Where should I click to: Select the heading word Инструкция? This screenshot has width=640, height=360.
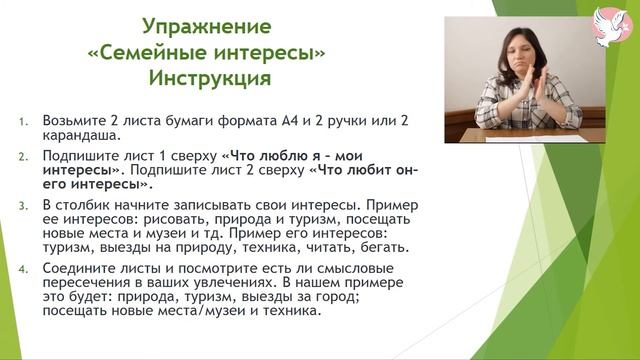pyautogui.click(x=207, y=76)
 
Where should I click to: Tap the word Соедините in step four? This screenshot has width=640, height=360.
pyautogui.click(x=82, y=269)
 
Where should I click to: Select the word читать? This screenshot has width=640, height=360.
pyautogui.click(x=303, y=246)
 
